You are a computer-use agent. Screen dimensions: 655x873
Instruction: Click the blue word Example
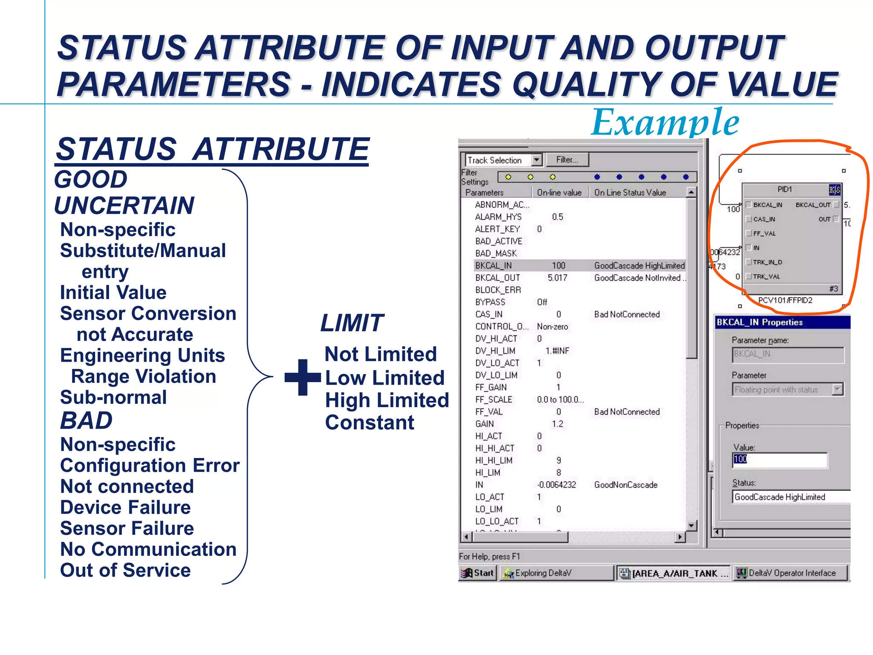[x=665, y=122]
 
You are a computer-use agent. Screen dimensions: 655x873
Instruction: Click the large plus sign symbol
[x=303, y=377]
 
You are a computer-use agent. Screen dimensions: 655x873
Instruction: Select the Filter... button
[x=567, y=160]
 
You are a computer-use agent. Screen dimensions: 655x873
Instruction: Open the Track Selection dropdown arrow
[x=537, y=160]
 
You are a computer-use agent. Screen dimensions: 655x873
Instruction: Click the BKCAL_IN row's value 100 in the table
[x=558, y=266]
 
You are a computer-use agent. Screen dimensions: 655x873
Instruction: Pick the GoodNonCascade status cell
[x=626, y=485]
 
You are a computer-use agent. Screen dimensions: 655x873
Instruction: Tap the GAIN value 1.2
[x=558, y=424]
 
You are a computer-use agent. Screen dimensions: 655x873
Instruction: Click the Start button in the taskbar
[x=478, y=573]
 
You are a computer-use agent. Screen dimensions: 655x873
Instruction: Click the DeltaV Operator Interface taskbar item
[x=791, y=573]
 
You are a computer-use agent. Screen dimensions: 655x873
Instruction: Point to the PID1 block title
[x=784, y=189]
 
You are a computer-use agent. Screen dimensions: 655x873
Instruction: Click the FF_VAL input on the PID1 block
[x=764, y=234]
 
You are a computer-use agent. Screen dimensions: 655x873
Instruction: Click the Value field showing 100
[x=779, y=460]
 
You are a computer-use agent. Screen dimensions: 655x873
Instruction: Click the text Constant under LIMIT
[x=370, y=423]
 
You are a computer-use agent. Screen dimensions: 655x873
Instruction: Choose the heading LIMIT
[x=352, y=323]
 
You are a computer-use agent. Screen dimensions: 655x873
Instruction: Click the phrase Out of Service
[x=125, y=570]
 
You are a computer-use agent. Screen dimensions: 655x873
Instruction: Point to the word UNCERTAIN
[x=124, y=206]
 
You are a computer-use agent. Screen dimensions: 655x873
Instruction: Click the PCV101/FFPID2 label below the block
[x=785, y=300]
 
